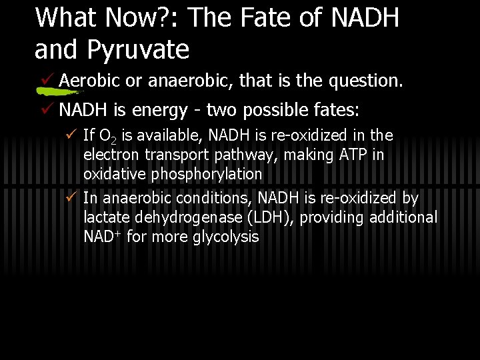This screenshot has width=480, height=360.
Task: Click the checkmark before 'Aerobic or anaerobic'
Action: (x=47, y=80)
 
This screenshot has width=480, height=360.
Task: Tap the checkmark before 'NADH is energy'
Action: (x=47, y=108)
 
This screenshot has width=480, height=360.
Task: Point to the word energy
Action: (x=167, y=109)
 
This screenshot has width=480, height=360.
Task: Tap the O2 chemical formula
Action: (x=107, y=137)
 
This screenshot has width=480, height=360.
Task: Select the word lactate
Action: (x=107, y=217)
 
